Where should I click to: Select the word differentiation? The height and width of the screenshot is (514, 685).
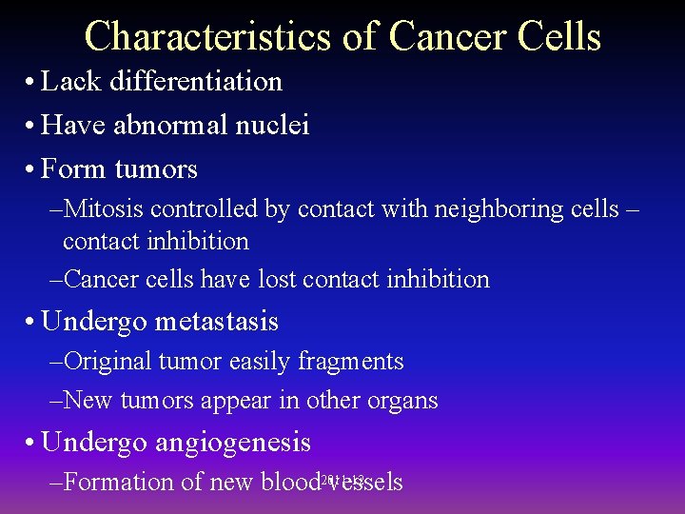[196, 82]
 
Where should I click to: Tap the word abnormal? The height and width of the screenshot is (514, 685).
[173, 126]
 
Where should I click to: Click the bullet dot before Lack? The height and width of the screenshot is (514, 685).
[31, 83]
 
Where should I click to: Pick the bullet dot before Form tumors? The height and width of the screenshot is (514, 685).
[31, 170]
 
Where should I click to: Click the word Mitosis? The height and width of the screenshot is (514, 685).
[104, 209]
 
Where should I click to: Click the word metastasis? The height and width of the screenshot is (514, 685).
[216, 322]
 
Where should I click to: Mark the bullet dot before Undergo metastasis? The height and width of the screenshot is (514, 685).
[31, 323]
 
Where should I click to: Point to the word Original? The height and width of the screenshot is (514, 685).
[107, 362]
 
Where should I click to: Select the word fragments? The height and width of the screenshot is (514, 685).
[351, 362]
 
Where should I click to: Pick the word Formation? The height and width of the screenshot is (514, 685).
[119, 483]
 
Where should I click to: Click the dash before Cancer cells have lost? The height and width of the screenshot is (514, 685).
[55, 280]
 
